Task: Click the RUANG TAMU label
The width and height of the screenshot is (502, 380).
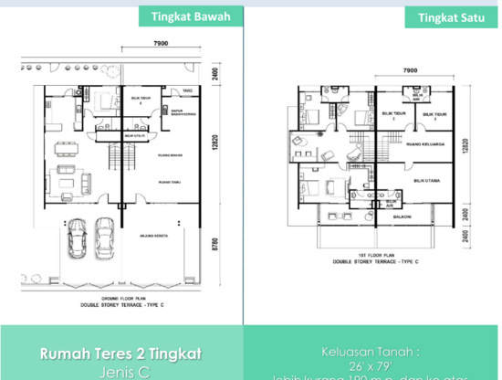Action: point(168,182)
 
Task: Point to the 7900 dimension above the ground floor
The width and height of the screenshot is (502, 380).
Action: point(160,44)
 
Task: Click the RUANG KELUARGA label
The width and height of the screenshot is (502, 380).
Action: point(425,143)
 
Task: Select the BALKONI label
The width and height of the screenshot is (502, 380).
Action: point(402,217)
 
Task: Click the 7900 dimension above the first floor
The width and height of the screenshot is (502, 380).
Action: point(410,70)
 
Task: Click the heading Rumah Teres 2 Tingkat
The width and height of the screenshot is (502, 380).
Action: point(121,353)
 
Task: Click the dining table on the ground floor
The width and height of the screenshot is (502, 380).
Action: point(65,146)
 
